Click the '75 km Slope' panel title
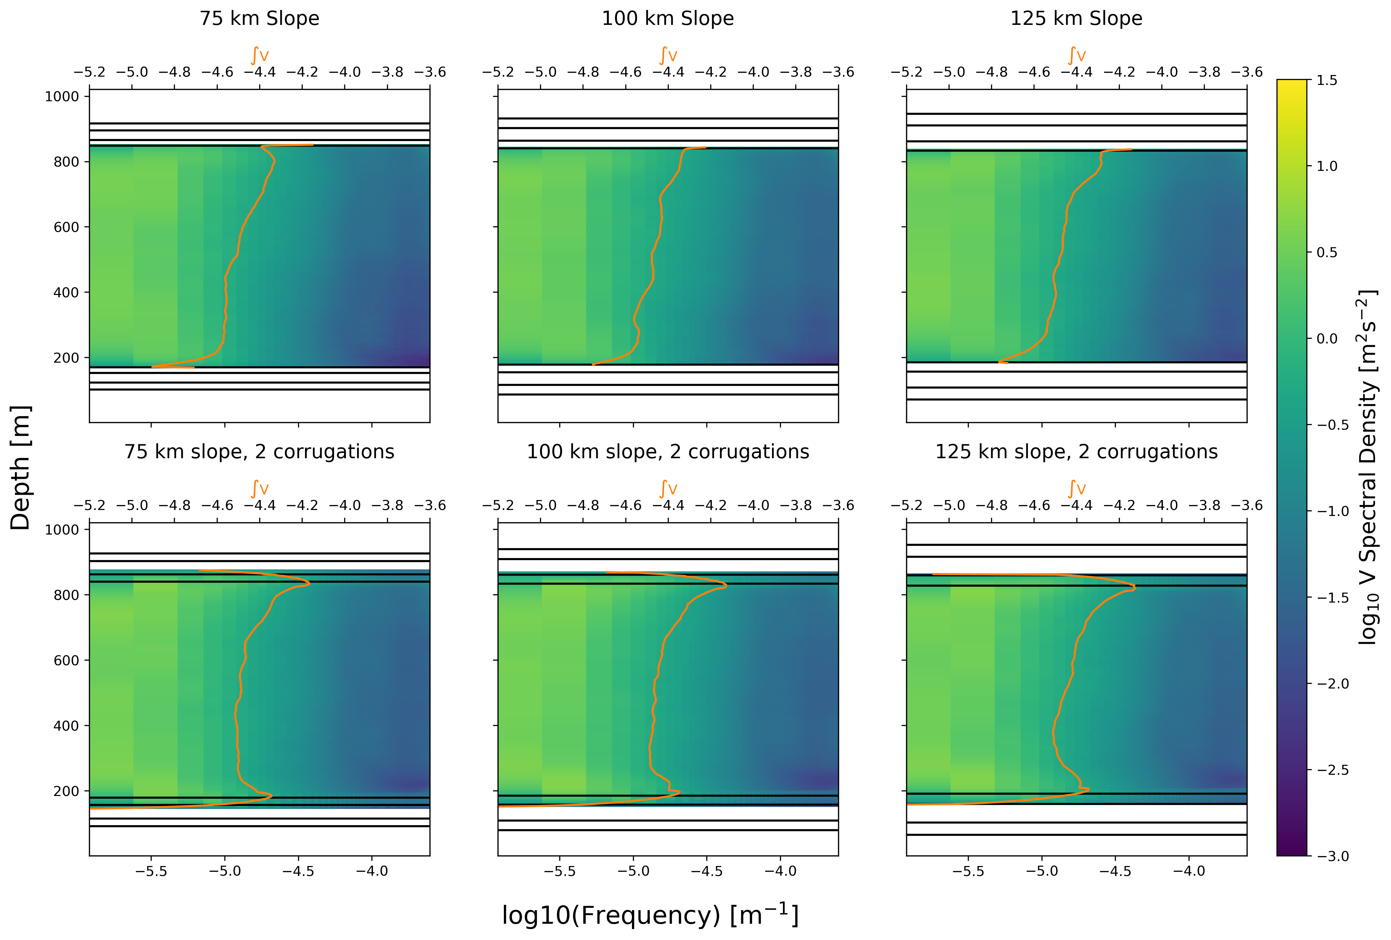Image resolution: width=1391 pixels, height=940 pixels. click(x=259, y=19)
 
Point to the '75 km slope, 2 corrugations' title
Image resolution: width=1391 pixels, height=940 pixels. click(x=259, y=452)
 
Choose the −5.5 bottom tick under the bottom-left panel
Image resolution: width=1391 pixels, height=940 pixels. click(x=151, y=872)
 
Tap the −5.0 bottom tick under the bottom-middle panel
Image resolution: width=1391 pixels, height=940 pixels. click(x=633, y=872)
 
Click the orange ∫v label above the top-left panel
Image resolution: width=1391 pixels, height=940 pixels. click(x=259, y=56)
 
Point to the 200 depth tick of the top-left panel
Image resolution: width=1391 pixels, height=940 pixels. click(x=66, y=358)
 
